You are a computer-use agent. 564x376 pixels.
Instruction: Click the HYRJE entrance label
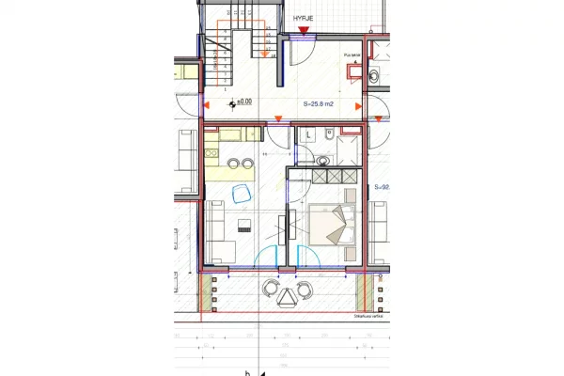pos(303,18)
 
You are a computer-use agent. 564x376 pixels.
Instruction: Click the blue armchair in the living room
pos(239,193)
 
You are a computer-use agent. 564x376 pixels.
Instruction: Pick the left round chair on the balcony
pos(272,288)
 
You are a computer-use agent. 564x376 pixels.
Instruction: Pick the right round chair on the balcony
pos(298,288)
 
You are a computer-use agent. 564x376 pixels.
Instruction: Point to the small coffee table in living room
pos(245,224)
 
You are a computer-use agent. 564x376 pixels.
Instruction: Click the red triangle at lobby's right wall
pos(358,106)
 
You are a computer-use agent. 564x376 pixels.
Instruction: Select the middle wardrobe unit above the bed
pos(330,176)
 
